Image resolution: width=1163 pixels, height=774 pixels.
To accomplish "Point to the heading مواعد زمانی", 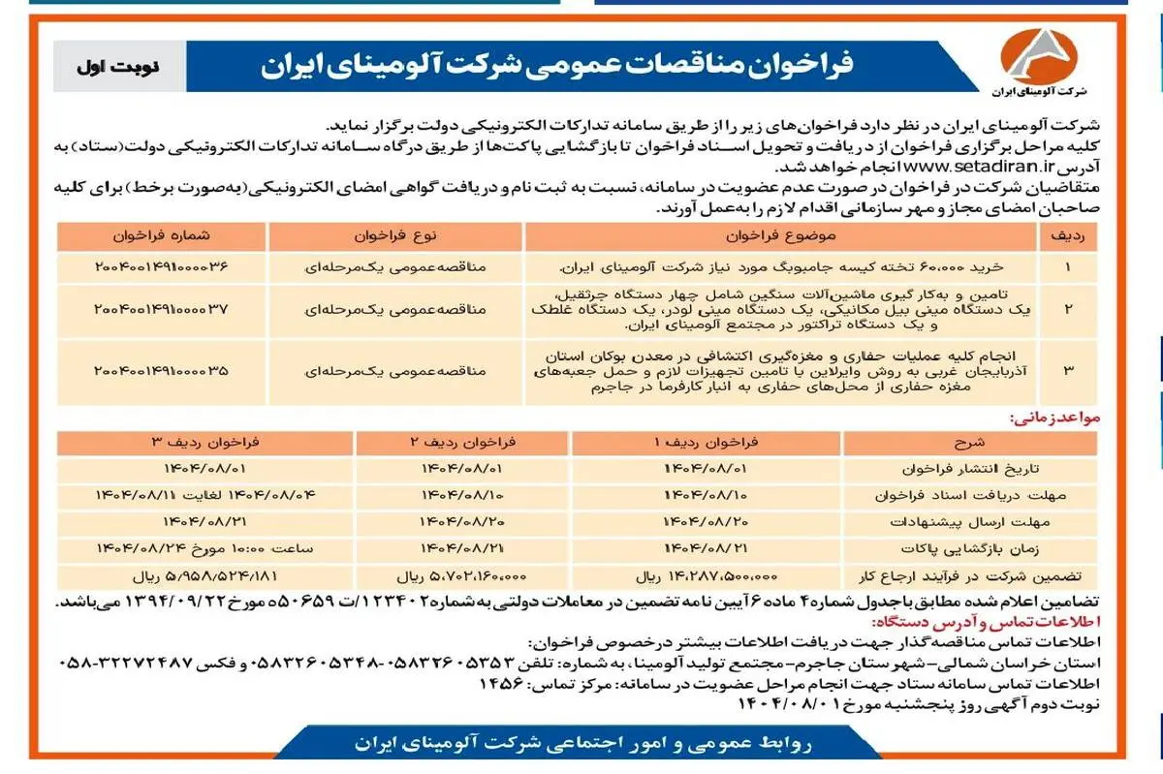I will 1054,418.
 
